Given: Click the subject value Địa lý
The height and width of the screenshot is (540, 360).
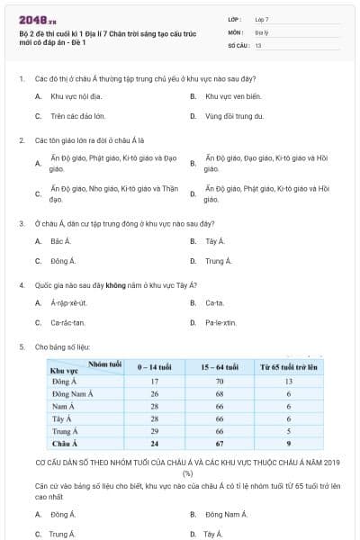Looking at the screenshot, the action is pos(261,31).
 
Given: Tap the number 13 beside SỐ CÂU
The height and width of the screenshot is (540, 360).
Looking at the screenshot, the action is pos(258,44).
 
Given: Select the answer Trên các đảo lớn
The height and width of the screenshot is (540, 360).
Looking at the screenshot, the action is pos(77,116).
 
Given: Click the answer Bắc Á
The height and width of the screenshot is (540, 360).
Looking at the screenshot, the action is pos(60,241).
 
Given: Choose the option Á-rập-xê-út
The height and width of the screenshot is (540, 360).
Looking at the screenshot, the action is pos(69,302).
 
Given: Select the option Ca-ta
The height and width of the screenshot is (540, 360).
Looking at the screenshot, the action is pos(214,302).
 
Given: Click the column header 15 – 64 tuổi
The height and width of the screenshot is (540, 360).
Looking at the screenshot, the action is pos(219,368).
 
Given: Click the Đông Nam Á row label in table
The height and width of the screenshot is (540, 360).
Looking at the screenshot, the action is pos(73,394).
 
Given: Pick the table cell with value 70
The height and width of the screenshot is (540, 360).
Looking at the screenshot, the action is pos(219,382).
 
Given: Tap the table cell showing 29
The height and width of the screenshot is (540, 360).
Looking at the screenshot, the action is pos(154,431).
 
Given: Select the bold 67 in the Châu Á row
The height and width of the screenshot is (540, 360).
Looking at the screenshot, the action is pos(219,444).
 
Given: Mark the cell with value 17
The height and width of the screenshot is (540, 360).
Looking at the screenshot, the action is pos(154,382).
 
